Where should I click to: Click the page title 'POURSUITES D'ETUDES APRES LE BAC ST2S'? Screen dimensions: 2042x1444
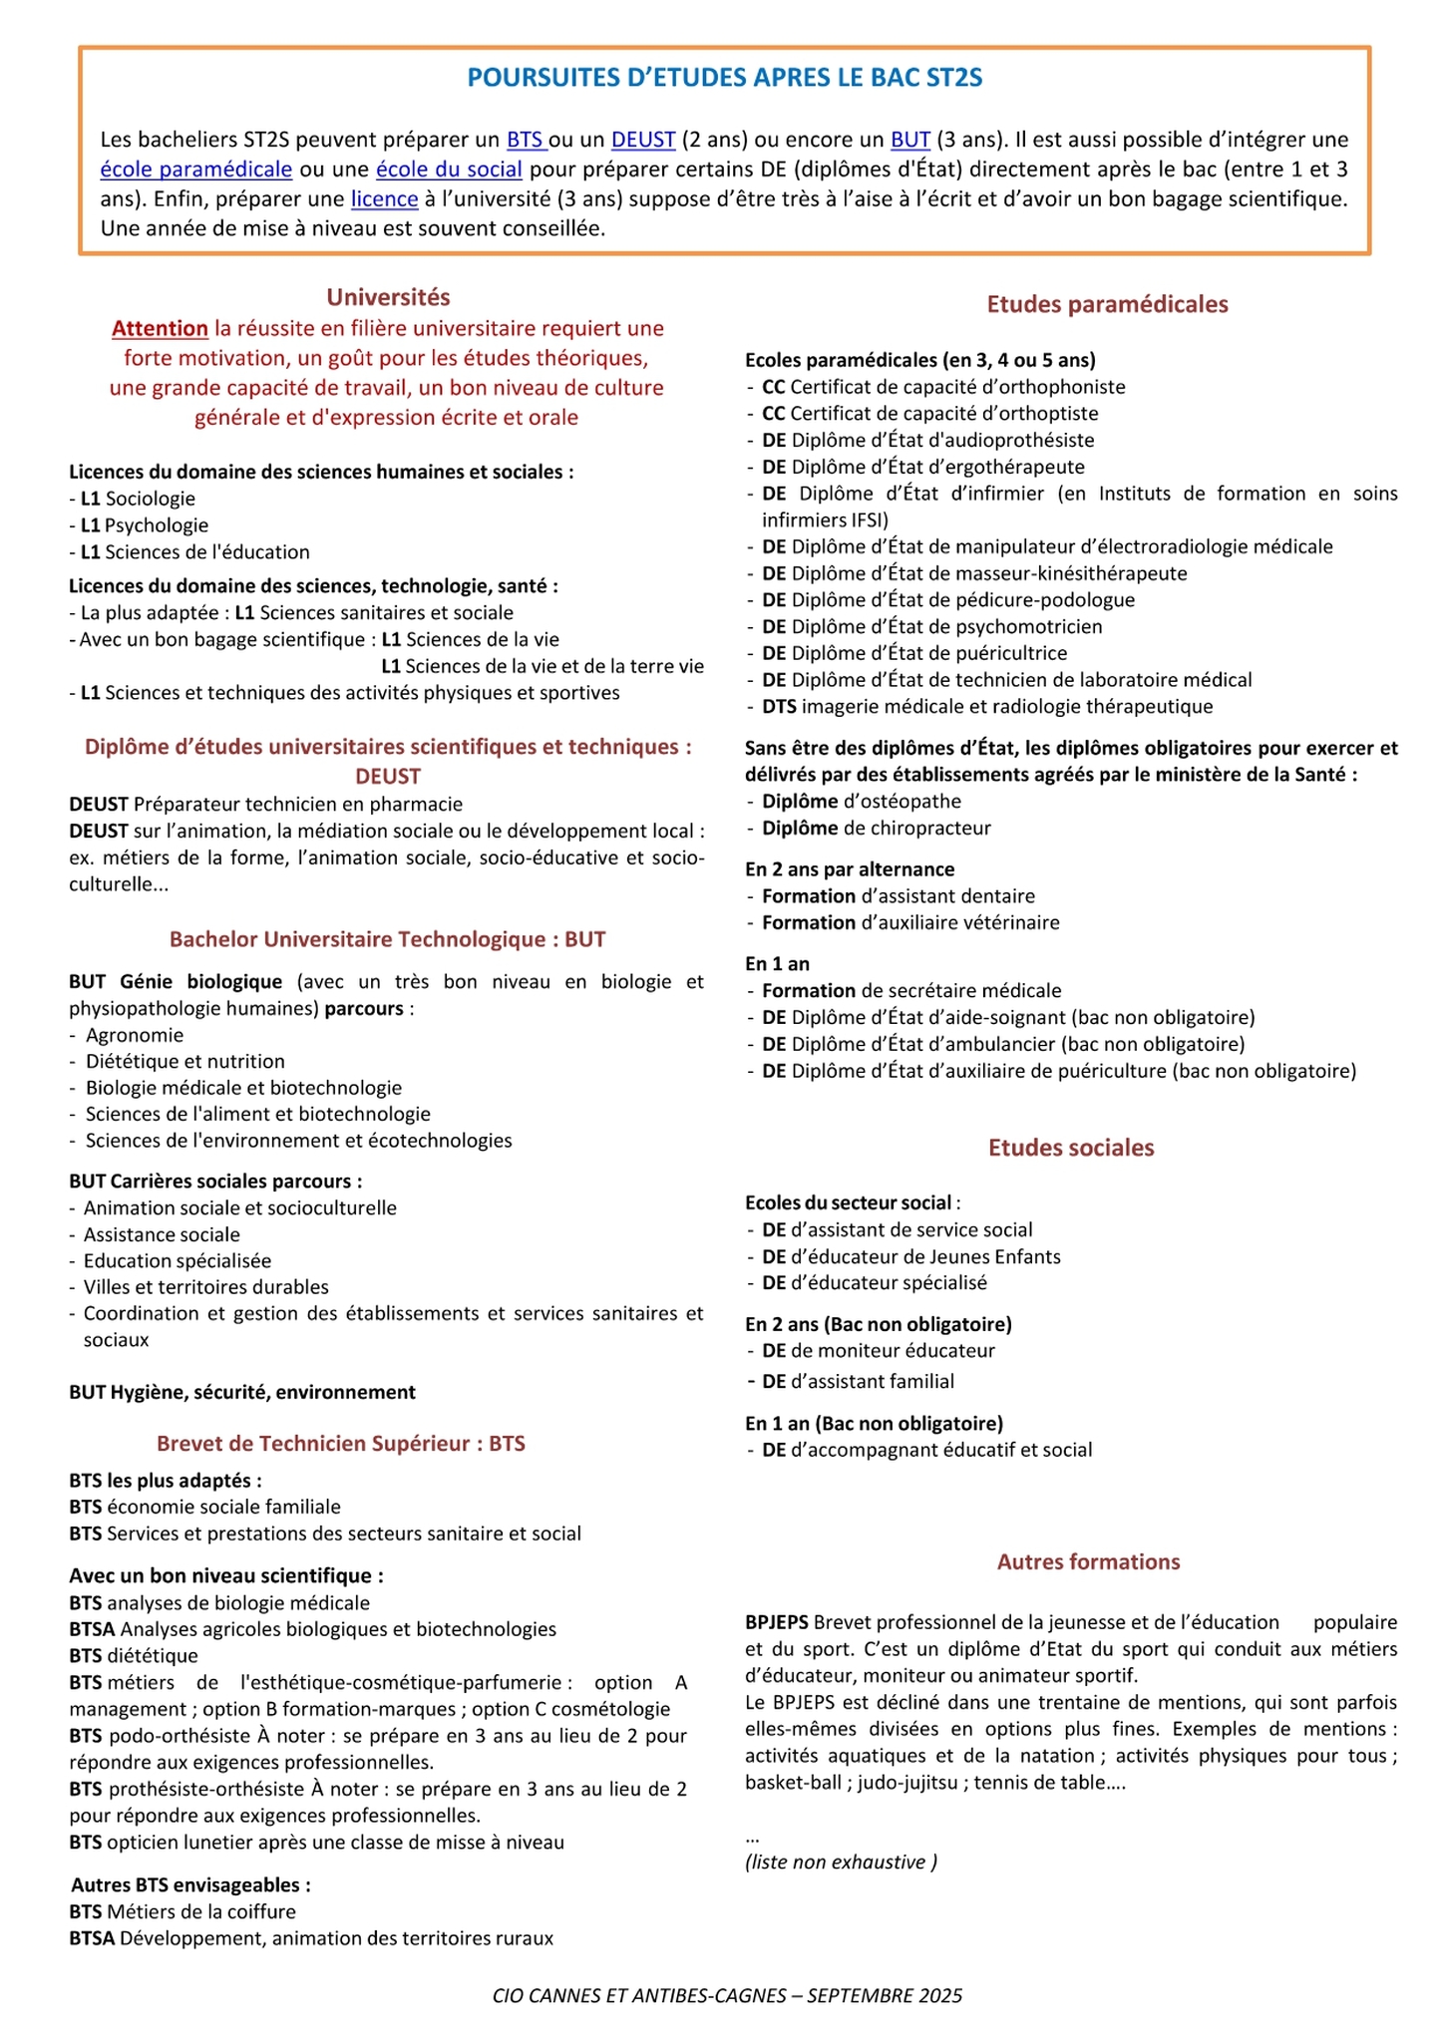click(725, 79)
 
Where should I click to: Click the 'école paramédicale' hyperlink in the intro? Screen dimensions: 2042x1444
click(196, 170)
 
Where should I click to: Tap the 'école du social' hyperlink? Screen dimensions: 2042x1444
click(449, 170)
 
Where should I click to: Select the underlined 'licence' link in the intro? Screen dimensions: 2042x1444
click(384, 199)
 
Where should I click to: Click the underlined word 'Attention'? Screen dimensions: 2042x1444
click(160, 329)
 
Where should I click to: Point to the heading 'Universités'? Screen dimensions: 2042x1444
click(388, 297)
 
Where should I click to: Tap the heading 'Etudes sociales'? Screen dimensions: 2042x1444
click(1071, 1149)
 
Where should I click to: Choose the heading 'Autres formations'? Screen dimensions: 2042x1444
click(1088, 1562)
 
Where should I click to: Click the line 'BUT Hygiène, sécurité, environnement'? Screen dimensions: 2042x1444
click(242, 1392)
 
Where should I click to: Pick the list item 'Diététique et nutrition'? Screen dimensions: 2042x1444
click(185, 1062)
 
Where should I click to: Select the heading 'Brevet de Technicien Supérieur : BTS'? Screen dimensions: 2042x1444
click(340, 1444)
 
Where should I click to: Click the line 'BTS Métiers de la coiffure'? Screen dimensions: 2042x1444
click(182, 1912)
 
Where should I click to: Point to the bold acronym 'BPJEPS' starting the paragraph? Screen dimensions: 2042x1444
click(777, 1622)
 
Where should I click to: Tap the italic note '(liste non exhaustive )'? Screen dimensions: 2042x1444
click(841, 1862)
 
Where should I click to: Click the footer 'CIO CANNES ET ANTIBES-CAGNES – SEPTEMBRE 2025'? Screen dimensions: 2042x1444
click(727, 1995)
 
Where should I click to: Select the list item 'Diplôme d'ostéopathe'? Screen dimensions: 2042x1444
click(862, 802)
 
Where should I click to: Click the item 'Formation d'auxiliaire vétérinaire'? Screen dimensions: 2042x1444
click(910, 923)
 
